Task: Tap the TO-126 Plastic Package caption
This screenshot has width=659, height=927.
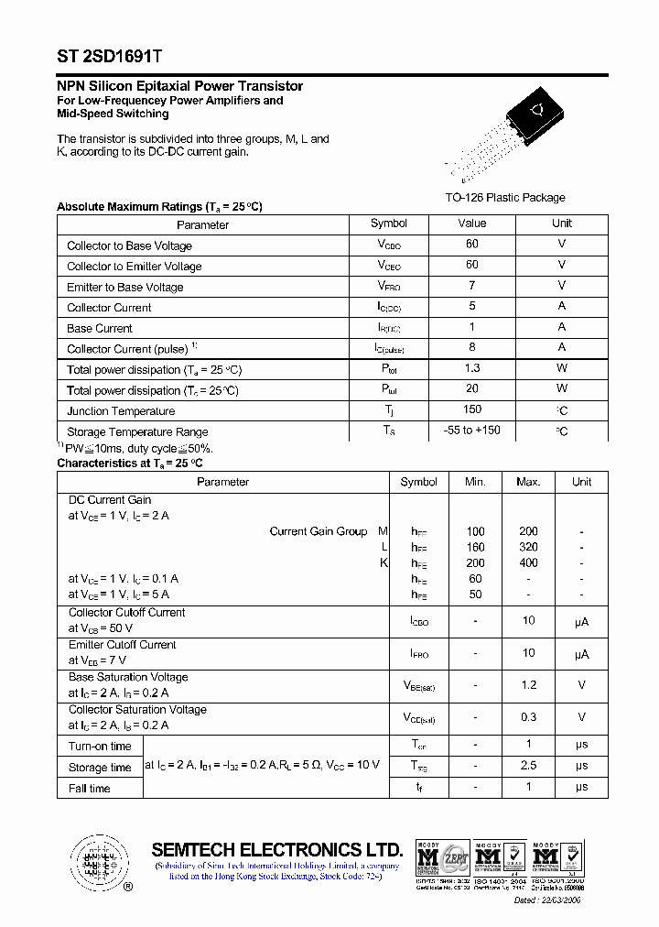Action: coord(504,198)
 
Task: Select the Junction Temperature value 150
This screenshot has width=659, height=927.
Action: coord(472,409)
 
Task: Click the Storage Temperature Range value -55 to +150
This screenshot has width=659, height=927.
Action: coord(472,431)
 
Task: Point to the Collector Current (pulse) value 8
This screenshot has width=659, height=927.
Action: coord(472,347)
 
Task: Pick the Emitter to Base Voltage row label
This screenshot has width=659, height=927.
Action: coord(125,287)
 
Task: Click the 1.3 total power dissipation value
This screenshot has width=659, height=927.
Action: coord(472,367)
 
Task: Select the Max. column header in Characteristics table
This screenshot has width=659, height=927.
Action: coord(528,482)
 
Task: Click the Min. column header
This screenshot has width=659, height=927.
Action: coord(475,482)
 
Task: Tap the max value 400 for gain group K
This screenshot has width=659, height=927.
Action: coord(528,562)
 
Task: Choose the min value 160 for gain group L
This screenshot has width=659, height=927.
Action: coord(475,547)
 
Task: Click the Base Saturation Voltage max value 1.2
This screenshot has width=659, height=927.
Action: coord(528,684)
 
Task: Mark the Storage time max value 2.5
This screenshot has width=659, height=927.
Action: coord(528,765)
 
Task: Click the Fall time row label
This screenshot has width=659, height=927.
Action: coord(89,789)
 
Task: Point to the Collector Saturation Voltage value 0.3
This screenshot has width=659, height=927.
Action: coord(528,717)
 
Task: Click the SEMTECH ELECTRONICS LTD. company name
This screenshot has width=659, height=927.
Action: coord(277,849)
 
